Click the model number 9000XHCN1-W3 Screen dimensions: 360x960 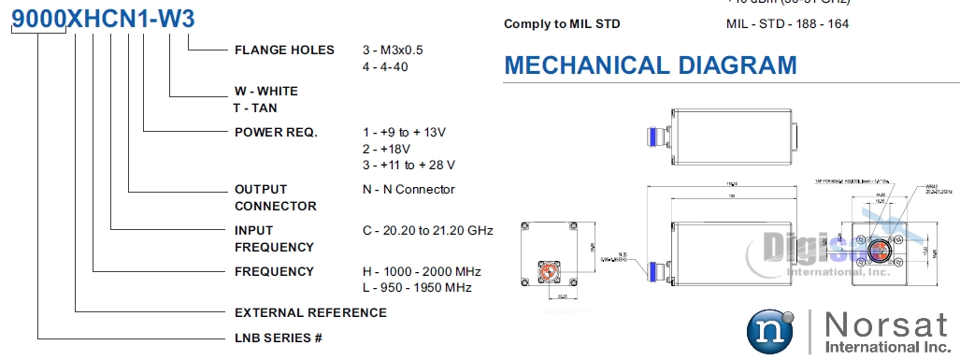(x=104, y=19)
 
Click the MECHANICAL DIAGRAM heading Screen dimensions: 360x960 (x=651, y=65)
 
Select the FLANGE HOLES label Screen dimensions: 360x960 (x=284, y=50)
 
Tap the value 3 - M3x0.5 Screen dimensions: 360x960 (x=398, y=50)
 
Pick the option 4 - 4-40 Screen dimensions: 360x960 (x=386, y=67)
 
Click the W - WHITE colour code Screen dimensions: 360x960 (x=266, y=92)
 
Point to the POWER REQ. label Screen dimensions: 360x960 (x=276, y=132)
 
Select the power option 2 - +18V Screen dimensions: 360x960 (x=387, y=149)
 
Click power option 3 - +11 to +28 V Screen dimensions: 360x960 (x=408, y=166)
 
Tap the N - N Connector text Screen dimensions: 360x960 (x=408, y=189)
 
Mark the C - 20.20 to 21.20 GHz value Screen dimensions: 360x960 (x=428, y=230)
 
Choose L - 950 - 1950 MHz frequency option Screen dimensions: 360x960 (x=417, y=287)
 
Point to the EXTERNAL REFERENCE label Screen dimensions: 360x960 (x=310, y=312)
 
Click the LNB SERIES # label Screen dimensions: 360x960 (x=279, y=337)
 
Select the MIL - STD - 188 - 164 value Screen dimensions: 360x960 (x=787, y=23)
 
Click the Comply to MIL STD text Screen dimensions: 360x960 (x=562, y=23)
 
